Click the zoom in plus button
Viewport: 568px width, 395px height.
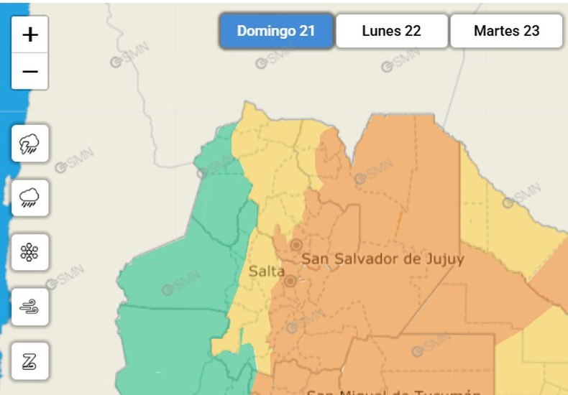coord(30,34)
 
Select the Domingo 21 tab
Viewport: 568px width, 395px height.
coord(276,31)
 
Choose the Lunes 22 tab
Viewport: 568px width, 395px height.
coord(391,31)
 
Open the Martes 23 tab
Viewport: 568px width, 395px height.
coord(506,31)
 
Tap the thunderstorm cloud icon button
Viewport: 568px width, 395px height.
coord(30,144)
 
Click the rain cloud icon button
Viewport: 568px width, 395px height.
coord(30,197)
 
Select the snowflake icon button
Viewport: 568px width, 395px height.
coord(30,252)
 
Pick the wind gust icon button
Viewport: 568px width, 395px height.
coord(30,307)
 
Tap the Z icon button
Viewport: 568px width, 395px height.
coord(30,361)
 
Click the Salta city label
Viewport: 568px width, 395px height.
coord(266,271)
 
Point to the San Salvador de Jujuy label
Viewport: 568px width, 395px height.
coord(383,259)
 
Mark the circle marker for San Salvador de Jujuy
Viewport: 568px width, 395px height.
coord(296,245)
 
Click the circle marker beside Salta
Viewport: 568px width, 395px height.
coord(289,282)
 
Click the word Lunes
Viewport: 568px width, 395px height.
coord(382,31)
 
